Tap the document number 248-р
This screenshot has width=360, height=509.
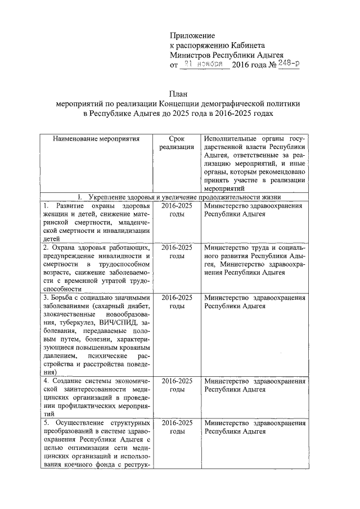point(288,65)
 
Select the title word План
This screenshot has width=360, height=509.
point(179,94)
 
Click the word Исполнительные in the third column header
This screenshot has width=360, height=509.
point(230,138)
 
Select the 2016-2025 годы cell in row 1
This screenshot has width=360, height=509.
point(176,210)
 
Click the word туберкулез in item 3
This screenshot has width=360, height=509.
point(82,323)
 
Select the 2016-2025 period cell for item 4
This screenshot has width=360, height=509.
point(176,385)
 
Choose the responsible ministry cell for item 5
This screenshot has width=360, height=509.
point(255,426)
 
